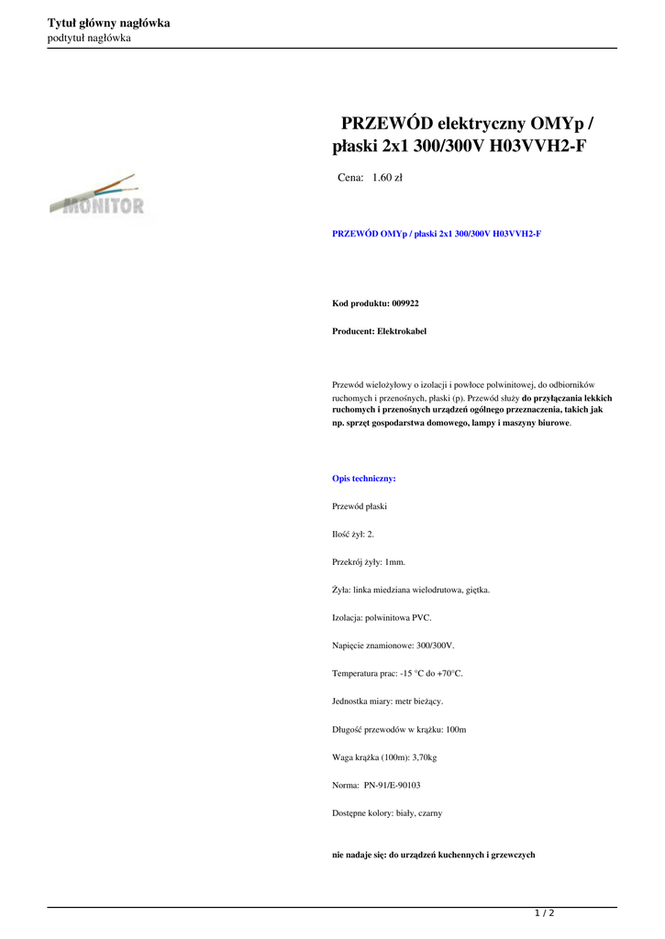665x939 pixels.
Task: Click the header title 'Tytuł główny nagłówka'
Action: point(108,23)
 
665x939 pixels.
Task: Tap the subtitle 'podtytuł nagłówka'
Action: point(89,38)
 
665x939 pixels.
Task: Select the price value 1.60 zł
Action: point(387,178)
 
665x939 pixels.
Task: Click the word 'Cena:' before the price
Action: point(350,178)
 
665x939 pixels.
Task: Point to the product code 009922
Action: point(405,303)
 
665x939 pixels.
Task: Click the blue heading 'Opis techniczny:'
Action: point(363,479)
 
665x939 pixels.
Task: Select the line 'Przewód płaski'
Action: point(360,506)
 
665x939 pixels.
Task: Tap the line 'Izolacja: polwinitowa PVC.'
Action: point(382,618)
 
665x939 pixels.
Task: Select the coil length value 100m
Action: point(456,730)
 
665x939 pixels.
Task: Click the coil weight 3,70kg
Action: point(421,757)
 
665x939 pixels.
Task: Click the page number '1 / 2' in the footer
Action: point(545,913)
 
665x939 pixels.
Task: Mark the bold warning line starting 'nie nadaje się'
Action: point(433,855)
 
